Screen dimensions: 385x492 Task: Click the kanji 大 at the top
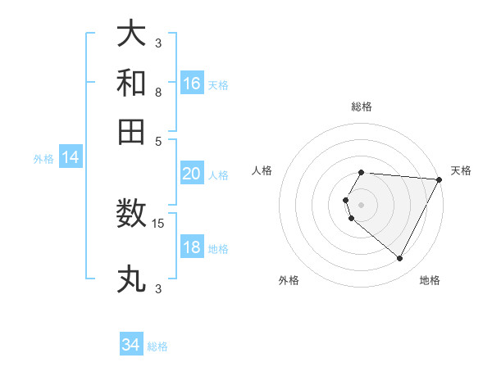[132, 34]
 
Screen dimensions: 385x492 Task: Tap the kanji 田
[132, 130]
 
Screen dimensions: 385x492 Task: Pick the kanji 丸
[132, 279]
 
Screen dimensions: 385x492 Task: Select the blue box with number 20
[192, 173]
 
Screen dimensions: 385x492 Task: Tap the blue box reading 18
[192, 247]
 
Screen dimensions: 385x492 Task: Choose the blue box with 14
[71, 157]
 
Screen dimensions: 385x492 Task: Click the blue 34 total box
[131, 345]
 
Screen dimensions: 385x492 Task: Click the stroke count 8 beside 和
[158, 92]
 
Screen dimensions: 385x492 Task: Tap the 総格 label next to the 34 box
[157, 346]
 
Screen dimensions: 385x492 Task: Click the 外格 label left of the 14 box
[43, 159]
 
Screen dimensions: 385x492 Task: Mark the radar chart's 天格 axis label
[461, 170]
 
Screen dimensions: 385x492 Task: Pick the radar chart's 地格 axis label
[430, 281]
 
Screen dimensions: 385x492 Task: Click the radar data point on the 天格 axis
[440, 179]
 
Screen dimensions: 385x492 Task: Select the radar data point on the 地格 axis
[400, 259]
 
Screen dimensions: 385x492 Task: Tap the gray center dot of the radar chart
[362, 204]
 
